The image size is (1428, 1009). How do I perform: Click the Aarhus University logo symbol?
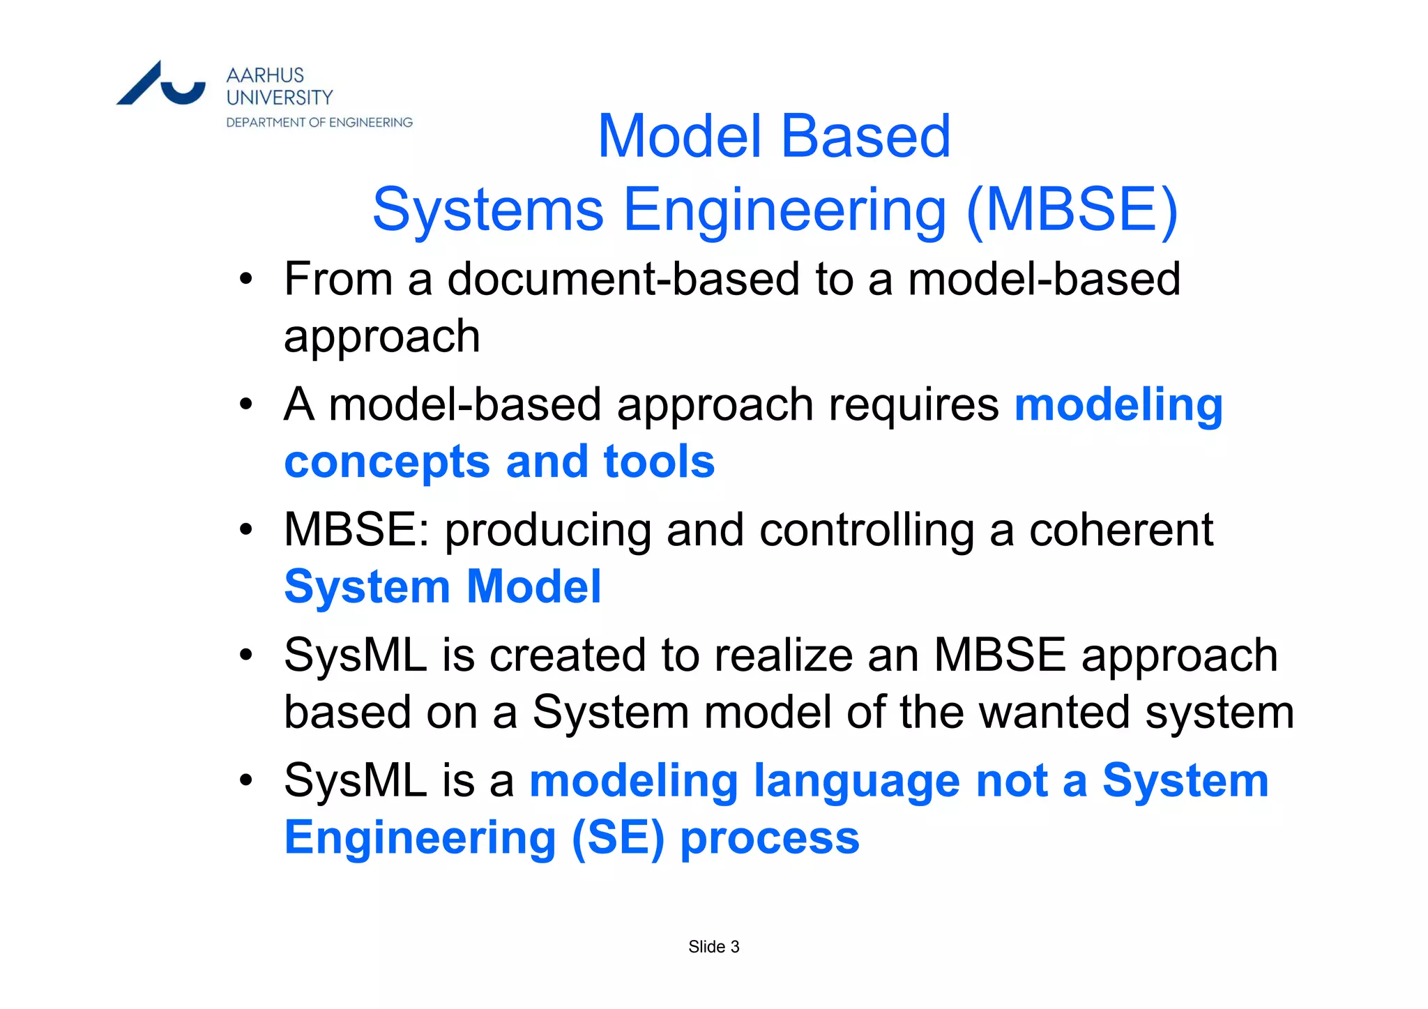[161, 84]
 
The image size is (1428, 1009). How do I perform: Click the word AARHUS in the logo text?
[265, 75]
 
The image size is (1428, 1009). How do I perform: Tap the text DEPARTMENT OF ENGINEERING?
[319, 123]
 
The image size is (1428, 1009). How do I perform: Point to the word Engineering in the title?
[784, 211]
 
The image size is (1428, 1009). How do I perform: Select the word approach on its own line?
[382, 337]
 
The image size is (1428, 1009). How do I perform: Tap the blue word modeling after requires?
[1118, 405]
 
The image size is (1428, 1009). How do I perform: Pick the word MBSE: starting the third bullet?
[357, 530]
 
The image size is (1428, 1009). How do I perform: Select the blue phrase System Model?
[443, 586]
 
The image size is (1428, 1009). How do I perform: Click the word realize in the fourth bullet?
[784, 655]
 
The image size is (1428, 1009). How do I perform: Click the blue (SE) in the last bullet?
[618, 837]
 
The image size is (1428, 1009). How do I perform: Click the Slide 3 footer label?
[713, 947]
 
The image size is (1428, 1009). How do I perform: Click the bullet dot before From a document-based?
[245, 280]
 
